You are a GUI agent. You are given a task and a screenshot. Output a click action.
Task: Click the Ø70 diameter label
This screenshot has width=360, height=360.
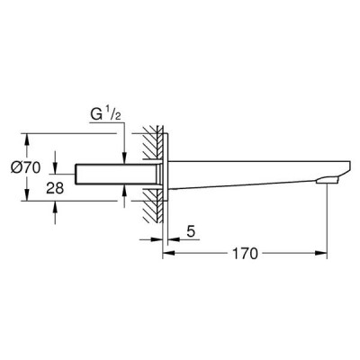pyautogui.click(x=25, y=167)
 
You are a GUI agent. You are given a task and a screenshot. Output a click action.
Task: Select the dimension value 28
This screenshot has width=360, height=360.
pyautogui.click(x=55, y=188)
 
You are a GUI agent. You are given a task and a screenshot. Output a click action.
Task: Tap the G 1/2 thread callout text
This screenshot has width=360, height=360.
pyautogui.click(x=105, y=115)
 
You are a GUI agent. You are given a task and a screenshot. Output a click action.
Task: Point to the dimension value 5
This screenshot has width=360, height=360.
pyautogui.click(x=191, y=231)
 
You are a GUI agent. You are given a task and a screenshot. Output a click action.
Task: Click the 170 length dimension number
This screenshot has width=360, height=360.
pyautogui.click(x=246, y=254)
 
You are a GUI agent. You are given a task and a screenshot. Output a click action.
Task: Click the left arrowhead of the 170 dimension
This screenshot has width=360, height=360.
pyautogui.click(x=168, y=254)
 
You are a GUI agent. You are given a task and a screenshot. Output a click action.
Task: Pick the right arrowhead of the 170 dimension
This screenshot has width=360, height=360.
pyautogui.click(x=320, y=254)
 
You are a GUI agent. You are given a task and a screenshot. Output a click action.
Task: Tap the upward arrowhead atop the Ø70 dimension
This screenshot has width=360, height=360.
pyautogui.click(x=27, y=139)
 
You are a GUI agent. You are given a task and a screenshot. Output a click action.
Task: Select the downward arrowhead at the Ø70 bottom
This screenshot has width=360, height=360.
pyautogui.click(x=27, y=194)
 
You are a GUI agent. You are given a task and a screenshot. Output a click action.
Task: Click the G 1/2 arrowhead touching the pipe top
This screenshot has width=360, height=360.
pyautogui.click(x=124, y=157)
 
